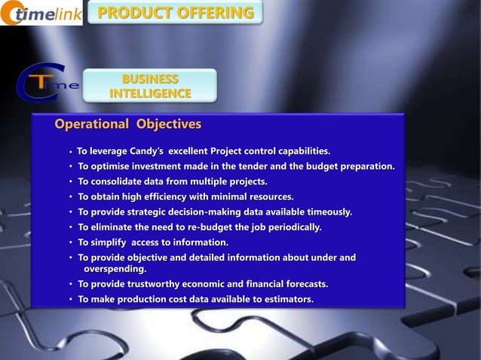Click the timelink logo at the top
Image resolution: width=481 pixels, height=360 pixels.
coord(41,14)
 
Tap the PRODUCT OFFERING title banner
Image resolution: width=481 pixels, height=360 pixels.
coord(176,13)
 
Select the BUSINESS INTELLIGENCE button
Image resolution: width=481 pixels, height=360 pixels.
coord(150,86)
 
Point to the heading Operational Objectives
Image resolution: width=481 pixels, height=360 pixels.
coord(127,124)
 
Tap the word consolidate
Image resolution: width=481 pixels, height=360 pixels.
coord(119,182)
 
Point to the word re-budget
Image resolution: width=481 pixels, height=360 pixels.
coord(201,227)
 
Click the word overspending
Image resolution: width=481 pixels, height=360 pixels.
coord(115,268)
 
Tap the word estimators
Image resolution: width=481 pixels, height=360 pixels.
coord(286,299)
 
